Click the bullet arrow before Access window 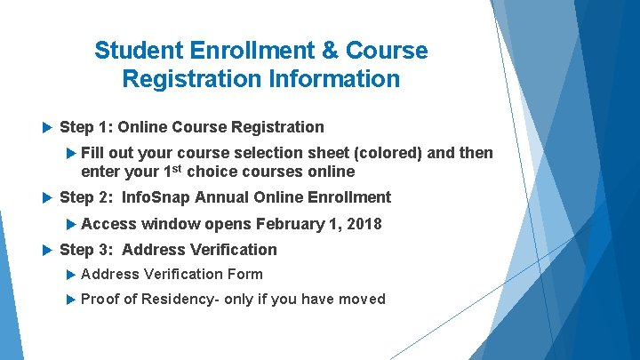pyautogui.click(x=72, y=224)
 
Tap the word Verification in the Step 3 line pyautogui.click(x=228, y=251)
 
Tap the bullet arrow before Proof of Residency pyautogui.click(x=72, y=299)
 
